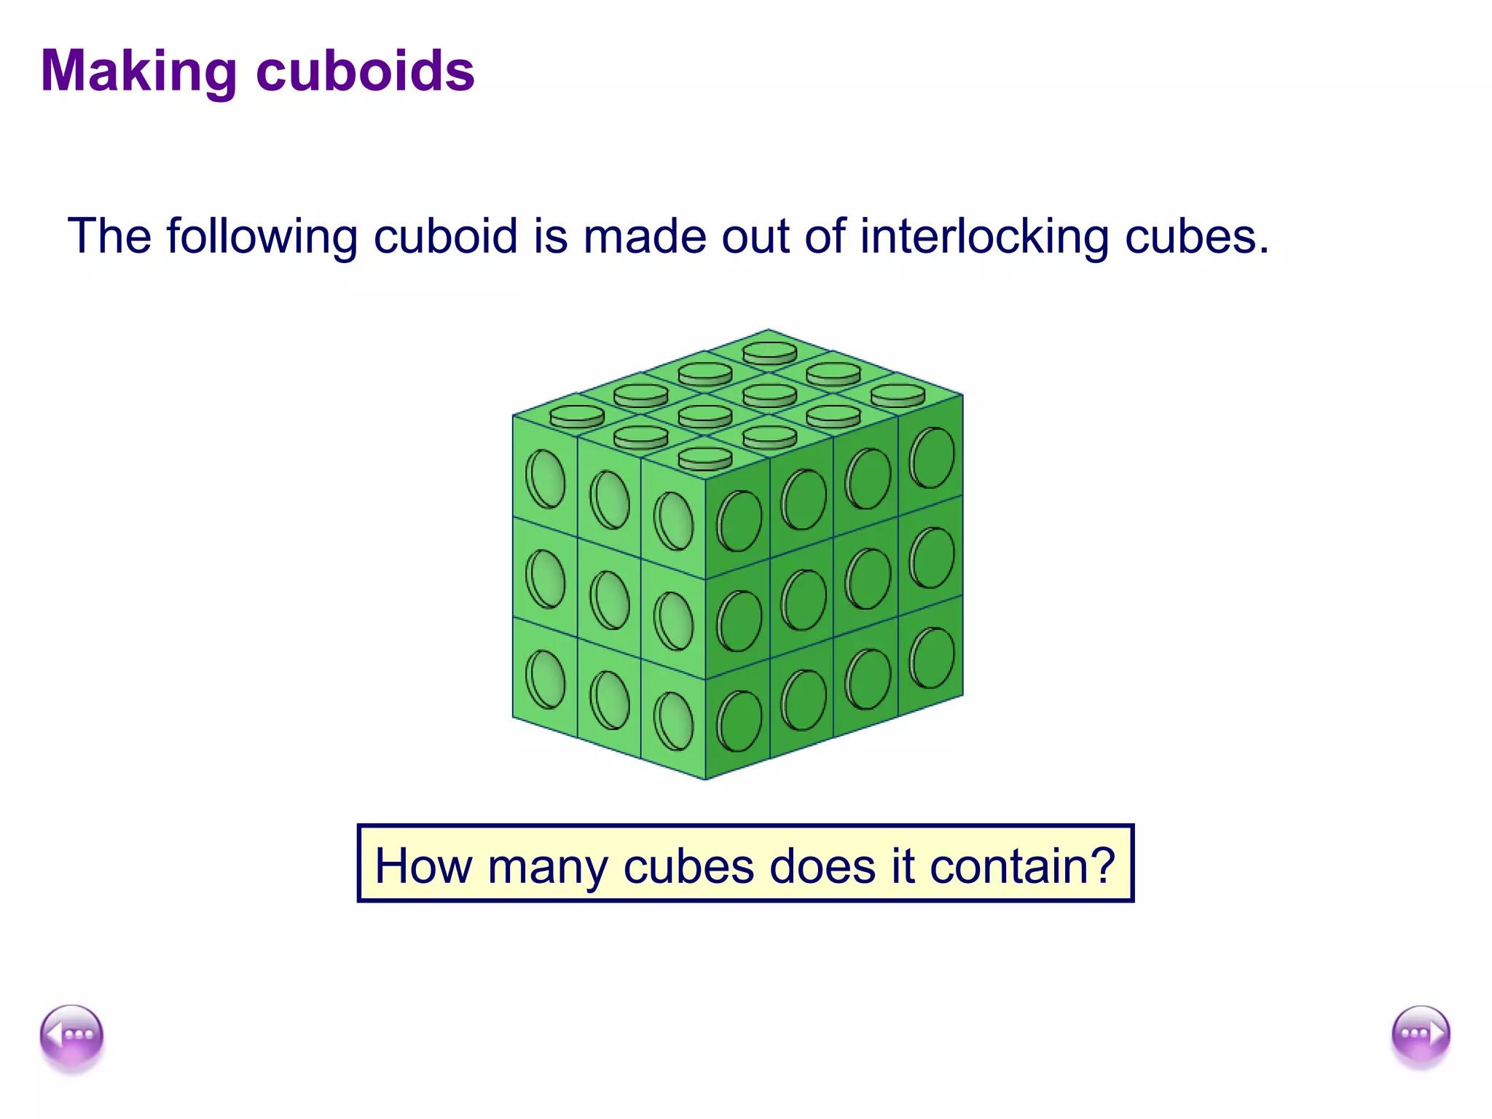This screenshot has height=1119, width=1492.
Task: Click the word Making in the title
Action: click(138, 71)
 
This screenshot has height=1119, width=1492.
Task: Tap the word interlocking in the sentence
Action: click(984, 236)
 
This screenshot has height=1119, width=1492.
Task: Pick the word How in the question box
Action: click(423, 866)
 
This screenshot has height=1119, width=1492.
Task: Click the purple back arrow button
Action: click(71, 1035)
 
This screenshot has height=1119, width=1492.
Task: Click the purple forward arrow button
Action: click(1421, 1035)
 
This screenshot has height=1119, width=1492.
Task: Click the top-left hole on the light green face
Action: click(545, 479)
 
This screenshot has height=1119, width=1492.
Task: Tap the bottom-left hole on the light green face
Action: click(545, 680)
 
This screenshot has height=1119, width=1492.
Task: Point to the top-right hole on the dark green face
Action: click(932, 458)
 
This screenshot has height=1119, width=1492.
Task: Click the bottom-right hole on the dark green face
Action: click(932, 659)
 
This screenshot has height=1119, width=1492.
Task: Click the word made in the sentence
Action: click(645, 236)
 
